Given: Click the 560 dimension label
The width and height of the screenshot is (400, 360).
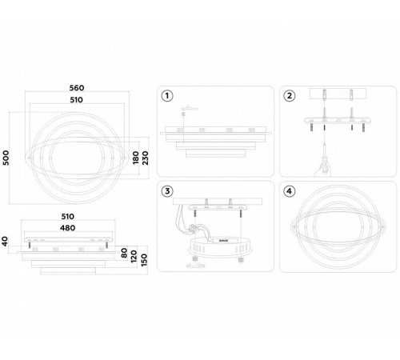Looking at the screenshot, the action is [x=77, y=88].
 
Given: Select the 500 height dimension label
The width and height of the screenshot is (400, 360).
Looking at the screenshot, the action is [x=6, y=158].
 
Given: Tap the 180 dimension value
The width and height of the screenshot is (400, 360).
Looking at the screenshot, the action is [x=136, y=158].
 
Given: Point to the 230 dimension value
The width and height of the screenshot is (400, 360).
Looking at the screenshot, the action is [x=145, y=158].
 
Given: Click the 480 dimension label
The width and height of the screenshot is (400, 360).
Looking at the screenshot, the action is [x=67, y=228].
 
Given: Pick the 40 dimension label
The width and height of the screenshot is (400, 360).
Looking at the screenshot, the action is [x=5, y=242].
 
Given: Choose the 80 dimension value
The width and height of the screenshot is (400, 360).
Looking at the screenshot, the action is [x=124, y=253].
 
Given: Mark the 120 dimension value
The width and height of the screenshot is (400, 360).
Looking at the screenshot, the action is [x=134, y=256].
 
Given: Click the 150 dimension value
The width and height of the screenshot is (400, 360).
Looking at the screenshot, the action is [x=144, y=260].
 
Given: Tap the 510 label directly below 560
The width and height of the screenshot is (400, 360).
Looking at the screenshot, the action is [x=77, y=100].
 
